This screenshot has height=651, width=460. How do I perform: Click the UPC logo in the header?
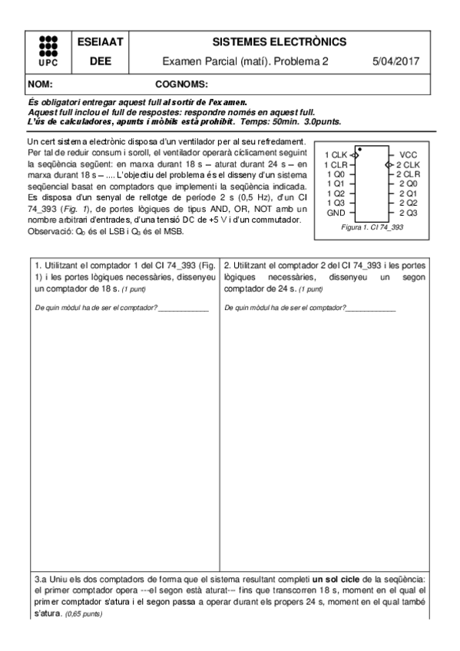(x=47, y=51)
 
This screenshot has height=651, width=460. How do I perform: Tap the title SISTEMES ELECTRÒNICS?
(x=279, y=41)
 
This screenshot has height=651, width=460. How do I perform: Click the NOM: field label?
(x=40, y=83)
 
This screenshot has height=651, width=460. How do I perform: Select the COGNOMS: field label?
(x=182, y=83)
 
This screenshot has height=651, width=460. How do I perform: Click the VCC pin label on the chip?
(x=409, y=154)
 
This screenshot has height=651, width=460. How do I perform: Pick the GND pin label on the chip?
(x=336, y=212)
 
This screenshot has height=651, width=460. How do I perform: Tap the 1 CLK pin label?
(x=336, y=154)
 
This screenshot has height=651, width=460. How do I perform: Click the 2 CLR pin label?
(x=409, y=173)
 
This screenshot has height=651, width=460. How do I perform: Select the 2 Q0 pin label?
(x=409, y=183)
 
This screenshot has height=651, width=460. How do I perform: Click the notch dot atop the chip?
(x=359, y=148)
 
